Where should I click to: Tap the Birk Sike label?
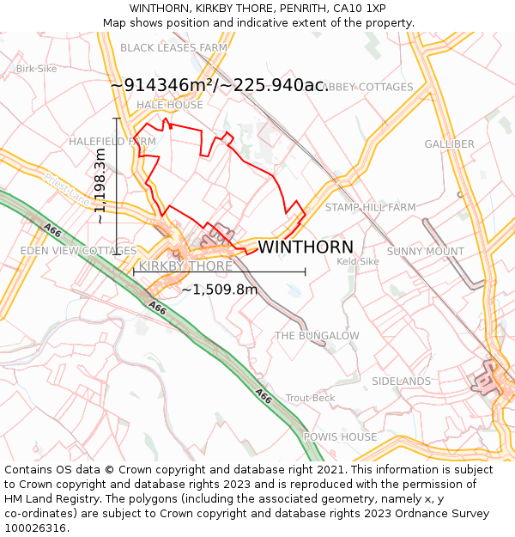[36, 68]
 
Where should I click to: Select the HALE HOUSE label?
[170, 105]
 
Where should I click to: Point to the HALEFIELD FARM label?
[112, 141]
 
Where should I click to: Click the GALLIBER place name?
[449, 144]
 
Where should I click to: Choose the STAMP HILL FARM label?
[370, 207]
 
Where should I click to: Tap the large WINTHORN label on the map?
[305, 247]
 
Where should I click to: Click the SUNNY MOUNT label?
[425, 251]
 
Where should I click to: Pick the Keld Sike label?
[358, 261]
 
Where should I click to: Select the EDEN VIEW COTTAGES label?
[78, 251]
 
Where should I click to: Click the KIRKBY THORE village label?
[185, 266]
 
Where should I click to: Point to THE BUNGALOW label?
[317, 335]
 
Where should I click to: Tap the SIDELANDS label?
[401, 381]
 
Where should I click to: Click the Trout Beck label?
[310, 398]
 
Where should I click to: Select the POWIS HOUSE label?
[340, 436]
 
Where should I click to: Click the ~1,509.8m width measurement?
[219, 290]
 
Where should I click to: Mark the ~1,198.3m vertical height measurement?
[100, 186]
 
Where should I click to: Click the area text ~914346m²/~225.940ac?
[219, 85]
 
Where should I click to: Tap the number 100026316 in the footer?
[35, 528]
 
